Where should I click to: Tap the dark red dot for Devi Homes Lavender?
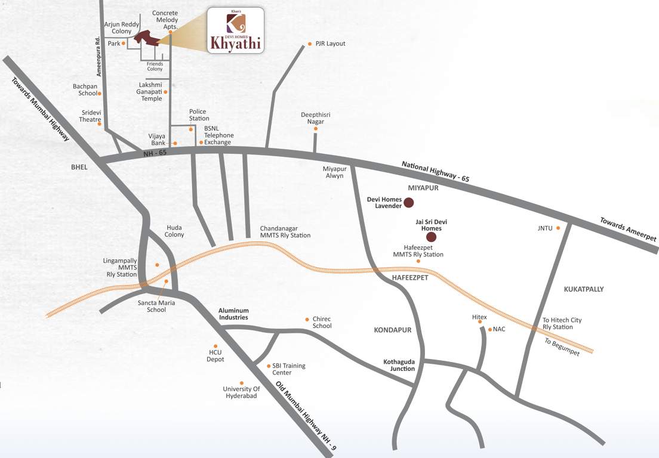click(x=409, y=203)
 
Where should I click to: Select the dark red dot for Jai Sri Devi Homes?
click(x=431, y=237)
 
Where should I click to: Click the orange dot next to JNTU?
click(x=558, y=228)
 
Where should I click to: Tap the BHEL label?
click(x=79, y=168)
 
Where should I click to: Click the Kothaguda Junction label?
click(x=399, y=365)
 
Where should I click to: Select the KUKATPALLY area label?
click(x=583, y=289)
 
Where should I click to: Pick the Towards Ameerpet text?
click(x=628, y=230)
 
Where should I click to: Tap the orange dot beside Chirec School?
click(x=307, y=320)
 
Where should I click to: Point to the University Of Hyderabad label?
click(x=241, y=392)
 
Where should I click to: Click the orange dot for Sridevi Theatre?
click(x=100, y=124)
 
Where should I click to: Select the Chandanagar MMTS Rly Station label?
click(x=285, y=232)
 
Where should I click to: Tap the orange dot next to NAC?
click(x=489, y=329)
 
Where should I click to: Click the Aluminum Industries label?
click(x=233, y=314)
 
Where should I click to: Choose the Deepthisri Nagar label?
click(x=316, y=118)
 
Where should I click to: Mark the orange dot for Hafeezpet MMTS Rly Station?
click(x=418, y=261)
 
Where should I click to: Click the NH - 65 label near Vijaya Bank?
click(x=155, y=153)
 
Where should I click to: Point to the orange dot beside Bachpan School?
click(x=100, y=94)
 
